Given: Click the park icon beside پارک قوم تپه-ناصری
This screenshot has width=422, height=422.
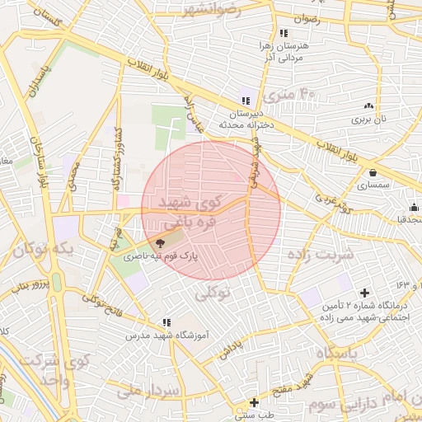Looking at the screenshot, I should tap(160, 243).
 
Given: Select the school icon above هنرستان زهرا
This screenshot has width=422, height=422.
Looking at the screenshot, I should tap(284, 33).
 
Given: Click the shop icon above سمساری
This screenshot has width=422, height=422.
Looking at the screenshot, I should tap(374, 173).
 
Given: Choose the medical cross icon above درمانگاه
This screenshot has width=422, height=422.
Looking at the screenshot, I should tap(365, 293).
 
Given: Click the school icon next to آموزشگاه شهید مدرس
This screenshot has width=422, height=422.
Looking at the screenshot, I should tap(166, 322).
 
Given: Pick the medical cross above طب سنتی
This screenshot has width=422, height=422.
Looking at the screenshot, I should tap(254, 402).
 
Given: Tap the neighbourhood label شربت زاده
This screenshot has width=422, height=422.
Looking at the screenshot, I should tap(321, 254).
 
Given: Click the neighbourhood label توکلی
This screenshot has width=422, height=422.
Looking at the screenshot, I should tap(212, 292).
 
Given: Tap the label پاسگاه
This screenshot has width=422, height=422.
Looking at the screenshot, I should tap(338, 353).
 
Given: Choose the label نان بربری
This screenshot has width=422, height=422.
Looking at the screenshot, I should tap(375, 119).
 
